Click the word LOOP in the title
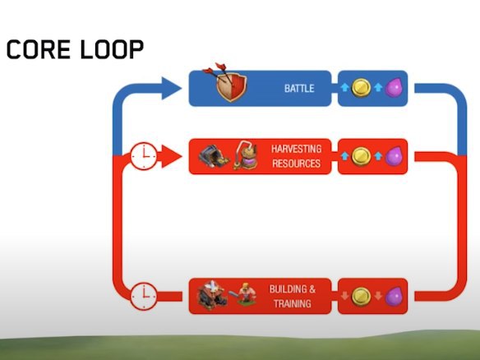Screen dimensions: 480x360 tap(112, 49)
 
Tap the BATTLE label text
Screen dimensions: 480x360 tap(299, 89)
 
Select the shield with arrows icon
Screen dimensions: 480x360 tap(228, 82)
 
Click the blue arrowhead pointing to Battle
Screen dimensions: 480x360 tap(171, 89)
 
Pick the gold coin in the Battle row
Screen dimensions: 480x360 tap(361, 88)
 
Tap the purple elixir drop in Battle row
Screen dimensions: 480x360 tap(394, 88)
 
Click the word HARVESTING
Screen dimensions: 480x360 tap(296, 149)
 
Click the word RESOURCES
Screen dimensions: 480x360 tap(296, 164)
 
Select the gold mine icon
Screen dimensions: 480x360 tap(214, 156)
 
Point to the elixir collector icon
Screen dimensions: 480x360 tap(246, 155)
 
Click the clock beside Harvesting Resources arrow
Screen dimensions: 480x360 tap(144, 156)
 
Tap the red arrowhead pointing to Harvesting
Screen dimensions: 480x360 tap(172, 156)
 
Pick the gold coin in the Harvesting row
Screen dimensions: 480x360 tap(361, 156)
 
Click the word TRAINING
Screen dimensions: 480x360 tap(293, 303)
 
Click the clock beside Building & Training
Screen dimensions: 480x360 tap(144, 296)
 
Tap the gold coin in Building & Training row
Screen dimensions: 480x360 tap(361, 297)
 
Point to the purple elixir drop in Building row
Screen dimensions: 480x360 tap(394, 297)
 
